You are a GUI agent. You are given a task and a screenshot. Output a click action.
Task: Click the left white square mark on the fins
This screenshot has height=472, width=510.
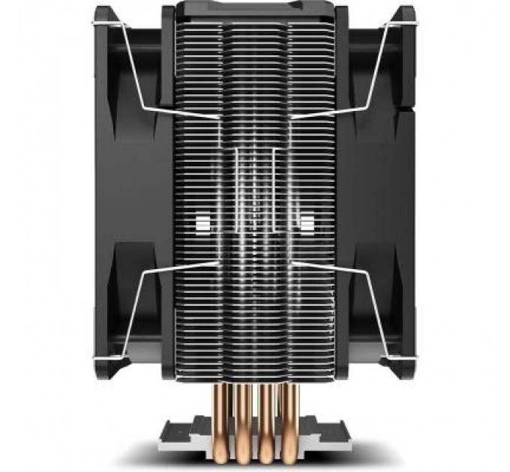pyautogui.click(x=201, y=222)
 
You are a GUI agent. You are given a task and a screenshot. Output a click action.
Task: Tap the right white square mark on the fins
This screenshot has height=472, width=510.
pyautogui.click(x=307, y=222)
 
